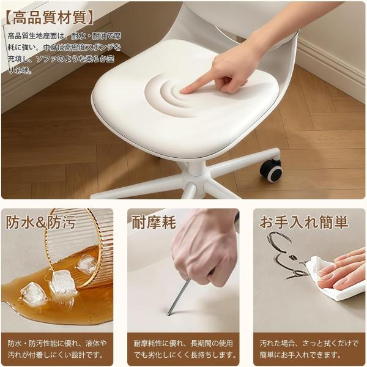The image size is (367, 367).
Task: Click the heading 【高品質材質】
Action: click(49, 18)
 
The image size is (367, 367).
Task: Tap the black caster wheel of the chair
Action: click(271, 171)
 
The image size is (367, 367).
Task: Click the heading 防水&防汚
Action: click(41, 223)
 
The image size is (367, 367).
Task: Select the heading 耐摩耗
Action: click(154, 223)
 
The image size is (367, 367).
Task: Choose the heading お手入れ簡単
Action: click(304, 222)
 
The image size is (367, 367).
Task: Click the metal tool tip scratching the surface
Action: click(168, 314)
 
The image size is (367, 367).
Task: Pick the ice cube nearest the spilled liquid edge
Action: click(33, 294)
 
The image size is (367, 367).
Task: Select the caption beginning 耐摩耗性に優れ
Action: click(184, 349)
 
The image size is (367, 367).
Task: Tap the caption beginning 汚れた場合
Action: click(309, 349)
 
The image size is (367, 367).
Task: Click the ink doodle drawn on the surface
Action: click(288, 254)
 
